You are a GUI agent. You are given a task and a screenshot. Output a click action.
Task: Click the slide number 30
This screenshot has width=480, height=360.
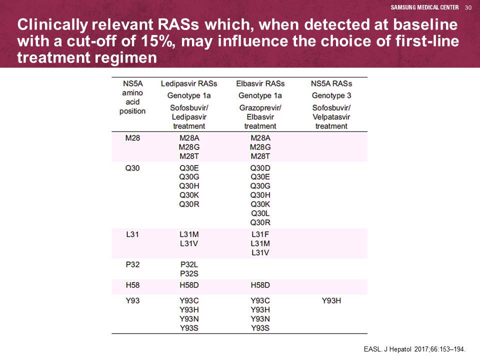click(x=468, y=7)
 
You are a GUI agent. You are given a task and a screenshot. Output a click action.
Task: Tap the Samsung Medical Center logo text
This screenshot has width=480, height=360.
click(x=424, y=7)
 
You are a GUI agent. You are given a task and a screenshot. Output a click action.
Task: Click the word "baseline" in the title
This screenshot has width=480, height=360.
click(x=425, y=25)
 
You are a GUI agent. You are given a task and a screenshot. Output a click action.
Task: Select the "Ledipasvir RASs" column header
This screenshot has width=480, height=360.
click(x=189, y=83)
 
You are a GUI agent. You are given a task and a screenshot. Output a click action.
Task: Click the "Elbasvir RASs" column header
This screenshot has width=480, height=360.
click(x=260, y=83)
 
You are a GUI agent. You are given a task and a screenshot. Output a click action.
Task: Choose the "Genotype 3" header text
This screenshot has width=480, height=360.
click(x=331, y=96)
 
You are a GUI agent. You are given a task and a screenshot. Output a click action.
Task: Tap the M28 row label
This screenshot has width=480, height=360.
click(x=132, y=138)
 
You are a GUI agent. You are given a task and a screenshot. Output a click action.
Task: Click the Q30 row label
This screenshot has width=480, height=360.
click(x=132, y=168)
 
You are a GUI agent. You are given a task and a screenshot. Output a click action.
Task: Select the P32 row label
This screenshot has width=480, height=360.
click(x=132, y=264)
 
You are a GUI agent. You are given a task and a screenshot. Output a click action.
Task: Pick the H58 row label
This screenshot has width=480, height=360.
click(x=132, y=285)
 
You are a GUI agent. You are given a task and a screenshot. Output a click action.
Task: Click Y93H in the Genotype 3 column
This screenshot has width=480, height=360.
click(x=331, y=300)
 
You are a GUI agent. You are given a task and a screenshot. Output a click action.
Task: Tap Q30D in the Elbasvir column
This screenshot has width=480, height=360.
click(x=260, y=168)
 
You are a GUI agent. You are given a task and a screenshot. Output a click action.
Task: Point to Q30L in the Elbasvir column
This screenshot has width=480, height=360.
click(x=260, y=213)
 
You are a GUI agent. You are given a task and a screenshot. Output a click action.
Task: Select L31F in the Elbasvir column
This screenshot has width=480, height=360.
click(x=260, y=234)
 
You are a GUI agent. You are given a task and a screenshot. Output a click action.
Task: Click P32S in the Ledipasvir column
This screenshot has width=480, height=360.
click(x=189, y=273)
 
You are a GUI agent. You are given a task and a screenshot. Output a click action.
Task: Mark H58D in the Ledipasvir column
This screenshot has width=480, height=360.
click(x=189, y=285)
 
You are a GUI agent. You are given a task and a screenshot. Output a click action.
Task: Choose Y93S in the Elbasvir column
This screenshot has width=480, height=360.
click(x=260, y=328)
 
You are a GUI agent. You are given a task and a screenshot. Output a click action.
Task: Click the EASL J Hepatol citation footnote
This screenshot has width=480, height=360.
click(x=414, y=349)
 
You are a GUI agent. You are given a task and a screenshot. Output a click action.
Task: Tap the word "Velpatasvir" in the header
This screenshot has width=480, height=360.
click(x=331, y=117)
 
